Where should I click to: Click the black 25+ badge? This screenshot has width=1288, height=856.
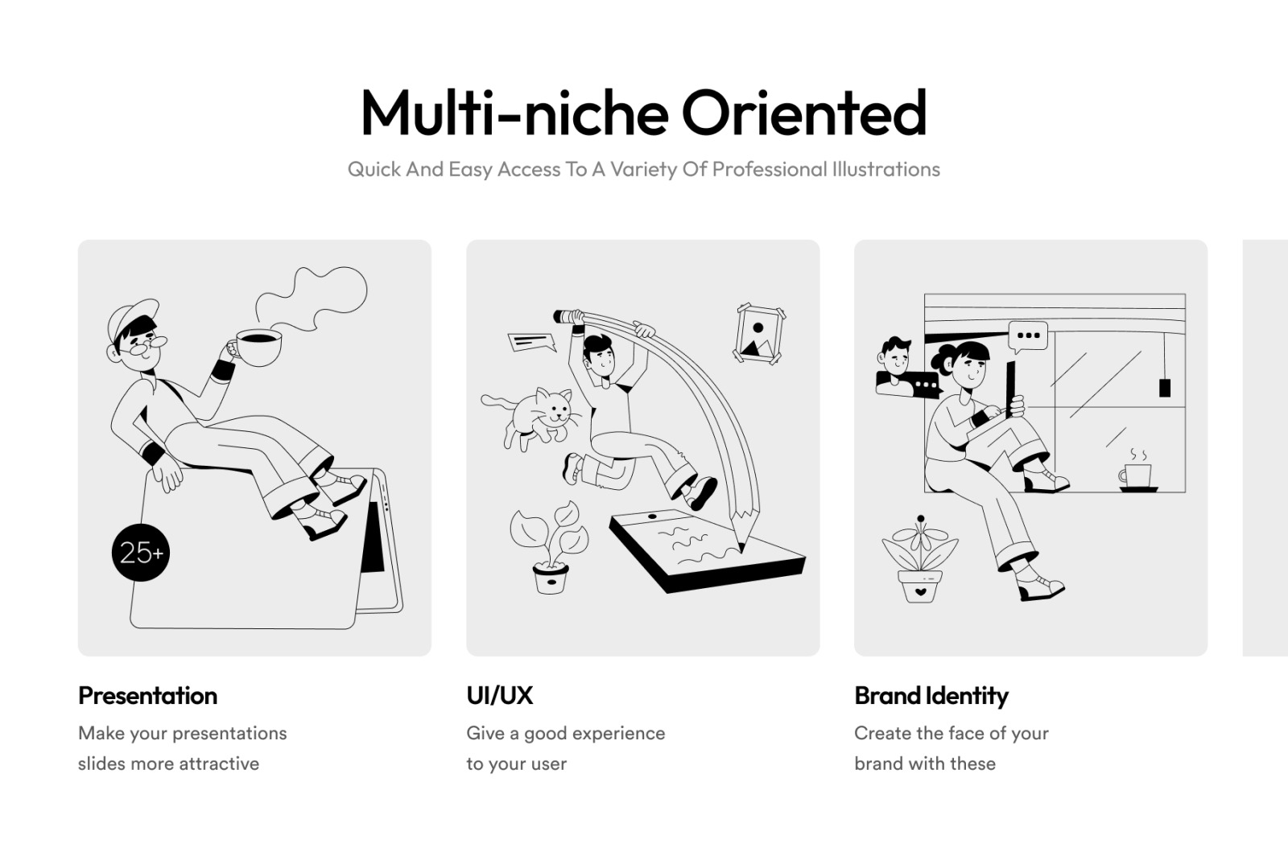pyautogui.click(x=141, y=553)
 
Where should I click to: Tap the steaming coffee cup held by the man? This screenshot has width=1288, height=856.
pyautogui.click(x=257, y=347)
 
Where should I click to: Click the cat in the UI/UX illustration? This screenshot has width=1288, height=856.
pyautogui.click(x=532, y=418)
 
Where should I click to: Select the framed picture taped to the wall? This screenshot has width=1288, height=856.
pyautogui.click(x=761, y=334)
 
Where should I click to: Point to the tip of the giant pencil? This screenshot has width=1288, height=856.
pyautogui.click(x=741, y=550)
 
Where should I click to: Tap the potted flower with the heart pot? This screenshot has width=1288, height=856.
pyautogui.click(x=920, y=559)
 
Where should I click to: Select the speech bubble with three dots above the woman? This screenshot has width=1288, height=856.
pyautogui.click(x=1028, y=337)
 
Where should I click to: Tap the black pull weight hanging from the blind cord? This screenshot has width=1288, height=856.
pyautogui.click(x=1165, y=388)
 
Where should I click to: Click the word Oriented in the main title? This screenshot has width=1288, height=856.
pyautogui.click(x=804, y=113)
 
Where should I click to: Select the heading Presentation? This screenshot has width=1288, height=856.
pyautogui.click(x=148, y=696)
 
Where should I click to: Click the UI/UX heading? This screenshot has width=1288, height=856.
pyautogui.click(x=500, y=696)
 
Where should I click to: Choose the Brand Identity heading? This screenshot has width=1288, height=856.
pyautogui.click(x=931, y=696)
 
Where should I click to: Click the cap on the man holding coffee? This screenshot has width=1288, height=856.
pyautogui.click(x=131, y=318)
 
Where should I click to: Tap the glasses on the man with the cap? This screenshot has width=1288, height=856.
pyautogui.click(x=145, y=346)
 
